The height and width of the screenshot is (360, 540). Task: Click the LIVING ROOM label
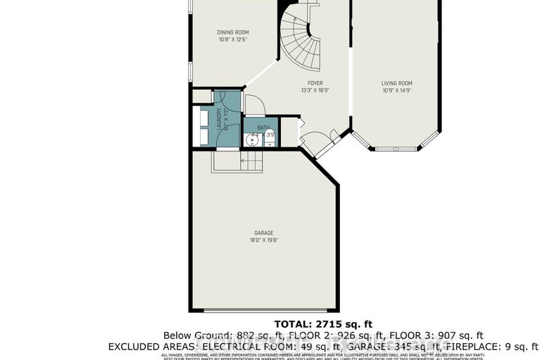pos(396,82)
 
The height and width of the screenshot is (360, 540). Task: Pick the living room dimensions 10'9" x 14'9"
pos(396,90)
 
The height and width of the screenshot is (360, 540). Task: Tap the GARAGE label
pos(264,232)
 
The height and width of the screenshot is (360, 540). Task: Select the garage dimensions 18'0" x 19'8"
pos(264,240)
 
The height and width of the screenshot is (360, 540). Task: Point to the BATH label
pos(263,128)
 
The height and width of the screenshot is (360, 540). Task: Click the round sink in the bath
pos(250,139)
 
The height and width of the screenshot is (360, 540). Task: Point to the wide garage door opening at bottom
pos(264,310)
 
